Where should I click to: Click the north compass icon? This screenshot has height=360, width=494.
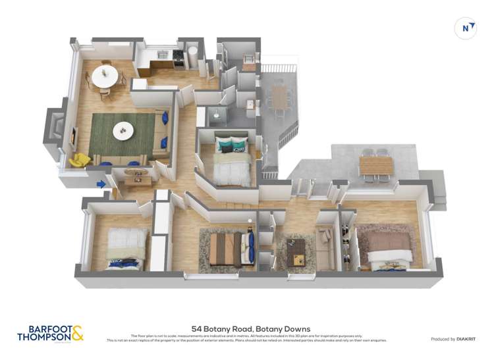click(466, 28)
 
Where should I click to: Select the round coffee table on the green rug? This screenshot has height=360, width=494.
click(123, 131)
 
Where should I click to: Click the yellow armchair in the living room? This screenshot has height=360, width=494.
click(80, 160)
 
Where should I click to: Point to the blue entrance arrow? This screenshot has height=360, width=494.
click(101, 184)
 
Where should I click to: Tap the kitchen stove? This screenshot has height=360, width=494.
click(177, 60)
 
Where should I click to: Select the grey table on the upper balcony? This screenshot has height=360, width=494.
click(280, 97)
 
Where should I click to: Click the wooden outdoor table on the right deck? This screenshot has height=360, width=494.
click(375, 165)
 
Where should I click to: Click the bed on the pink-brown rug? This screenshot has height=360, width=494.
click(389, 249)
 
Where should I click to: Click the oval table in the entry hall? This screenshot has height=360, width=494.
click(137, 173)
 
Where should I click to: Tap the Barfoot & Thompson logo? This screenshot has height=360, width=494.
click(51, 333)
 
